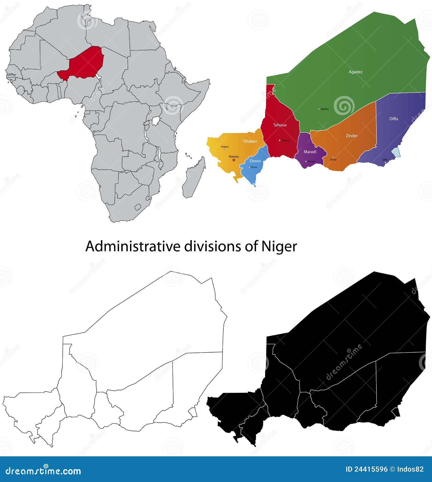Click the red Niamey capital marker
234,160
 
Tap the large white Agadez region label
355,72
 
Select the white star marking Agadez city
319,109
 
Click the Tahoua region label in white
280,125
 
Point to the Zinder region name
351,136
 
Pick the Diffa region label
394,119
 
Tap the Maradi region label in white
310,152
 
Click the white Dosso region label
255,161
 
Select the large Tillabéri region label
250,141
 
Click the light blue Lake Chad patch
396,152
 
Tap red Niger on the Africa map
84,64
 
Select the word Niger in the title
279,246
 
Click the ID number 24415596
371,469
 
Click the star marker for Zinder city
333,157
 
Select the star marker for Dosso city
249,167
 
